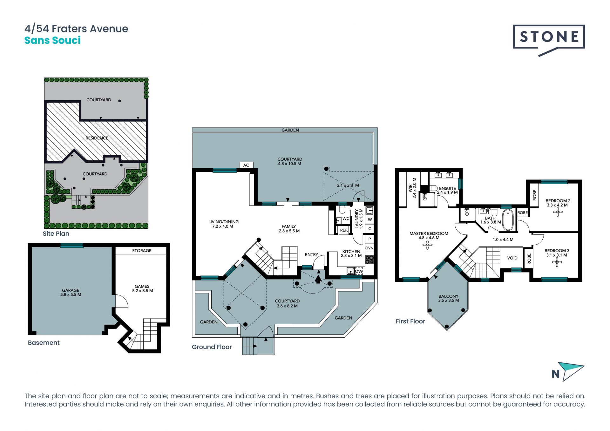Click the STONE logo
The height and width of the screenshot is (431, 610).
549,40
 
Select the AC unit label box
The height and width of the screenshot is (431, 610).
246,165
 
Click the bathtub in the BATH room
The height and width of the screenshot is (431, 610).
508,220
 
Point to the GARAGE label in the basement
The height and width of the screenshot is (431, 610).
71,290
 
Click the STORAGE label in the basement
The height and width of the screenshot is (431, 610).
142,251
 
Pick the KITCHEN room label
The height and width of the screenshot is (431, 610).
351,252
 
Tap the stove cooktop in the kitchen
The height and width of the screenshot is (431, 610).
369,259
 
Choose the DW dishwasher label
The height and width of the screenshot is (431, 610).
359,271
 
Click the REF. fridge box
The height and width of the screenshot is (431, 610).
344,230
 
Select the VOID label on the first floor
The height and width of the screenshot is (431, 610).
512,258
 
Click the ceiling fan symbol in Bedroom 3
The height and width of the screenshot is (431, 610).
557,262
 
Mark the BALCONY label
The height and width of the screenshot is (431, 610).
448,296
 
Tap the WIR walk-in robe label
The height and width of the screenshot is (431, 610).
410,189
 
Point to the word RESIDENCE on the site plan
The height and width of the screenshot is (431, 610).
97,138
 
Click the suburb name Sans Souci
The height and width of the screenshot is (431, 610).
52,40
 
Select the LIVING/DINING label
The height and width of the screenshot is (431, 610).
223,222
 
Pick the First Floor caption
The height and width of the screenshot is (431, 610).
410,321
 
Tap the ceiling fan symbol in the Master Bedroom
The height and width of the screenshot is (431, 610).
428,245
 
